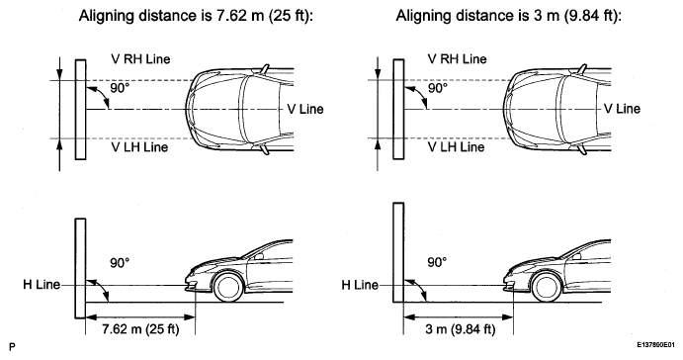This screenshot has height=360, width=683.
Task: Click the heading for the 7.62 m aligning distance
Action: click(x=196, y=16)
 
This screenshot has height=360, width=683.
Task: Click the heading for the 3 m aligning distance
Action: click(x=508, y=16)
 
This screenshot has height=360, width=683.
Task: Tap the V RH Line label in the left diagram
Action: click(x=140, y=58)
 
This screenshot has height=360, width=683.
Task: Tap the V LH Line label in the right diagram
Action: click(x=456, y=147)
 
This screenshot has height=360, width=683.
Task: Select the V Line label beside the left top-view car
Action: click(x=305, y=109)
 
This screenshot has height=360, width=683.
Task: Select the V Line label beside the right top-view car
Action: click(x=622, y=109)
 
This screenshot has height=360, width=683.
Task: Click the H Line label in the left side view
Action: click(x=42, y=285)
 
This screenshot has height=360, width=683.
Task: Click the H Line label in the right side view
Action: click(x=360, y=285)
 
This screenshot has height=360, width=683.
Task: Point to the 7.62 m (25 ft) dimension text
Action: click(x=140, y=328)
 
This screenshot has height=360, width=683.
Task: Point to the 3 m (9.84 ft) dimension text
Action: click(x=460, y=328)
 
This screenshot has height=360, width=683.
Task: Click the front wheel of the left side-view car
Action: click(x=228, y=287)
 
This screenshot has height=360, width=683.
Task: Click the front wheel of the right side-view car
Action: click(x=547, y=287)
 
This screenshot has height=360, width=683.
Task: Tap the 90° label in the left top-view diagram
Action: click(x=120, y=88)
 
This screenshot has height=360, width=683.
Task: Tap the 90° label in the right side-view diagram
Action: click(x=437, y=262)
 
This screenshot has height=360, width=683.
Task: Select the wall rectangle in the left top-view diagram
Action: click(x=81, y=110)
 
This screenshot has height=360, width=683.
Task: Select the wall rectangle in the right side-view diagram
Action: click(x=398, y=252)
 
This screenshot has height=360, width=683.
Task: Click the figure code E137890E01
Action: click(x=656, y=345)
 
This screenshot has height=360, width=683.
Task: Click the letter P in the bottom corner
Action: click(x=12, y=347)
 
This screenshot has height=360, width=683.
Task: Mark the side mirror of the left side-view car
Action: click(x=259, y=256)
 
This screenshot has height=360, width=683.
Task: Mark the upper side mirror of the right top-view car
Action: click(x=581, y=69)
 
